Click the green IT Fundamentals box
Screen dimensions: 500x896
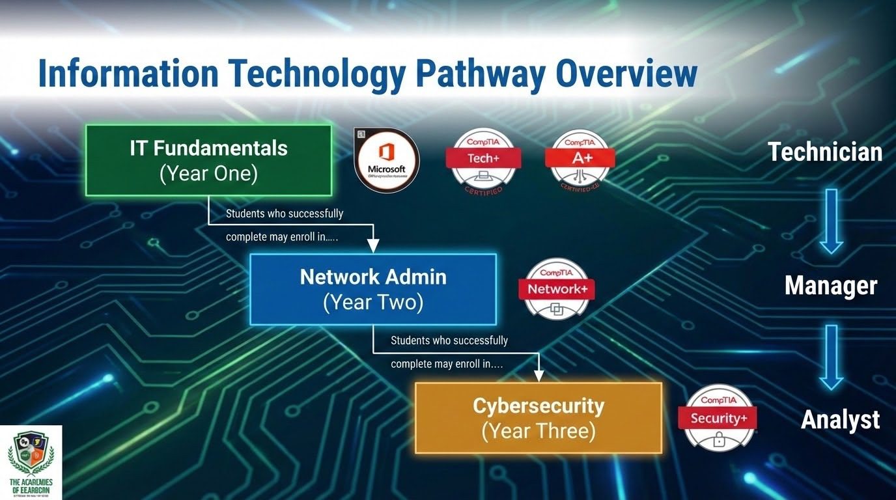208,160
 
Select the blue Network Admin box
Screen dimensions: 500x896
373,289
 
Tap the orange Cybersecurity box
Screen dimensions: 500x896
539,417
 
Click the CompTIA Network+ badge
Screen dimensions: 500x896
557,289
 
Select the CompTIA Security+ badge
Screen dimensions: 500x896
718,418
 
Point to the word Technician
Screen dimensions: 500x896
825,152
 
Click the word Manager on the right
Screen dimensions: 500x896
831,285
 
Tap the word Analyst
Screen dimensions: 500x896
841,420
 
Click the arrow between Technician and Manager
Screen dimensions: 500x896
831,221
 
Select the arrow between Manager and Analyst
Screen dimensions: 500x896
831,357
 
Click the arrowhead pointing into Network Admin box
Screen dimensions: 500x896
373,245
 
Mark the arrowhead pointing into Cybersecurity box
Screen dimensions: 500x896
539,374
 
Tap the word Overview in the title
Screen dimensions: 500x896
626,74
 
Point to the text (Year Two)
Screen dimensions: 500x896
373,303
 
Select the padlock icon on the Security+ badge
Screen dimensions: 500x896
719,441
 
